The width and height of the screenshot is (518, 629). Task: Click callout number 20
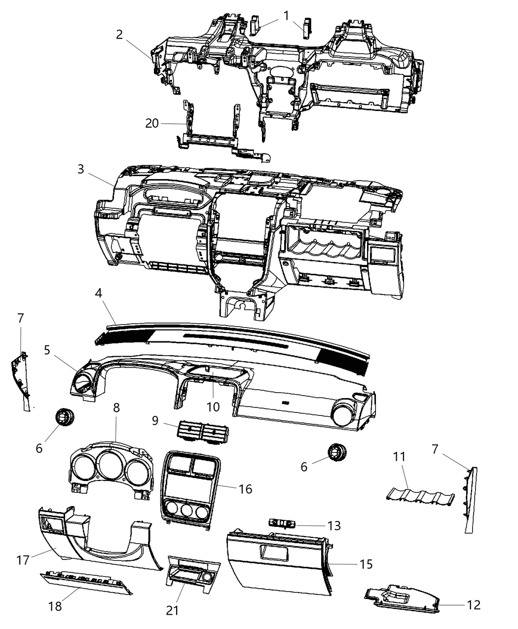152,123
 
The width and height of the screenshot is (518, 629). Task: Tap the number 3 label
80,169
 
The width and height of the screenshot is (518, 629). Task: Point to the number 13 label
334,526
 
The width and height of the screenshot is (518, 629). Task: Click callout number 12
474,605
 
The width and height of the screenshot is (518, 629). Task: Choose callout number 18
55,606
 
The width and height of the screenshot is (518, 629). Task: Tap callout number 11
399,457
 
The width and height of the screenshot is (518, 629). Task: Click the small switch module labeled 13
282,523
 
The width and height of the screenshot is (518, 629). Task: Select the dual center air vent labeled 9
203,433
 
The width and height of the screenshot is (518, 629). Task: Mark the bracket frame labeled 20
223,132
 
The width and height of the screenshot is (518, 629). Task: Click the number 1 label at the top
286,16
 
